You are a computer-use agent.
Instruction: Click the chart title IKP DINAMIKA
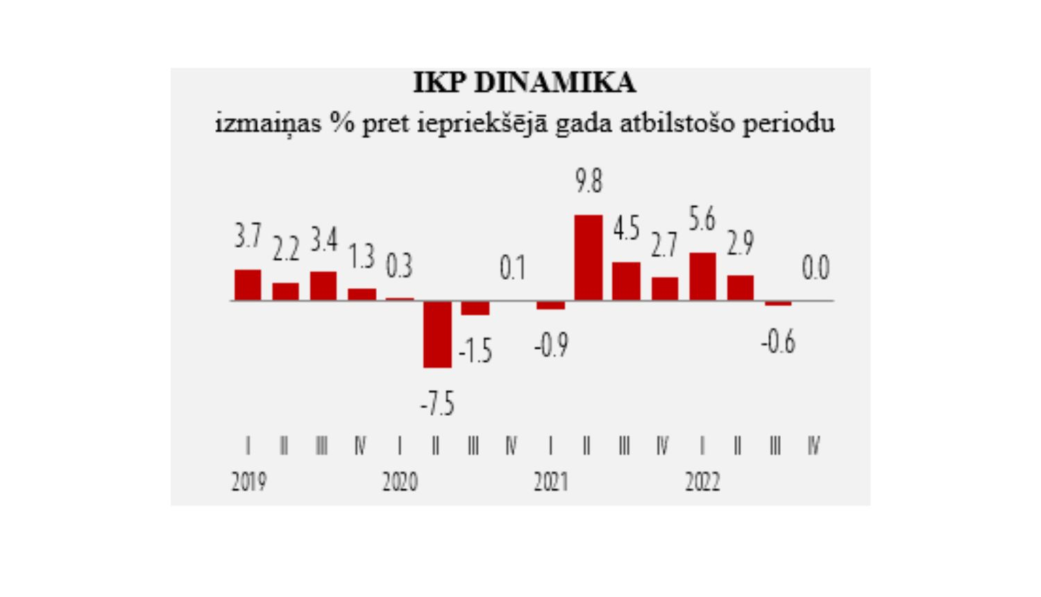point(524,83)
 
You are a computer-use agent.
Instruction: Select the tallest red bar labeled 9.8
point(589,258)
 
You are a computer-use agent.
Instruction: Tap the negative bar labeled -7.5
point(437,334)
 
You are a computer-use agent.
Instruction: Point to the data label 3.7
point(248,237)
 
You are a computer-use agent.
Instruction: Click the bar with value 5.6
point(702,276)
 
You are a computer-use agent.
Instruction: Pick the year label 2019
point(248,481)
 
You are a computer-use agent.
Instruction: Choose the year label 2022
point(702,481)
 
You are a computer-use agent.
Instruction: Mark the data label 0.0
point(815,268)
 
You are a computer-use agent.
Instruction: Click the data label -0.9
point(551,345)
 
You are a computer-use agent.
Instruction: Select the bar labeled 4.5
point(626,281)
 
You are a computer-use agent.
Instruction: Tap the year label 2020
point(400,481)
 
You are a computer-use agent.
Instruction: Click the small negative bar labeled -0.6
point(778,303)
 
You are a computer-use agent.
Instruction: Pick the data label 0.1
point(512,268)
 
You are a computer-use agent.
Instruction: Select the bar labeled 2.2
point(285,292)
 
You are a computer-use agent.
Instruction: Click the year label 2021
point(551,481)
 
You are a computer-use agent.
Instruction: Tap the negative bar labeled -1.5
point(475,308)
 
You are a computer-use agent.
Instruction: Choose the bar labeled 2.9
point(740,287)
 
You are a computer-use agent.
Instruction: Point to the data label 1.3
point(361,257)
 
